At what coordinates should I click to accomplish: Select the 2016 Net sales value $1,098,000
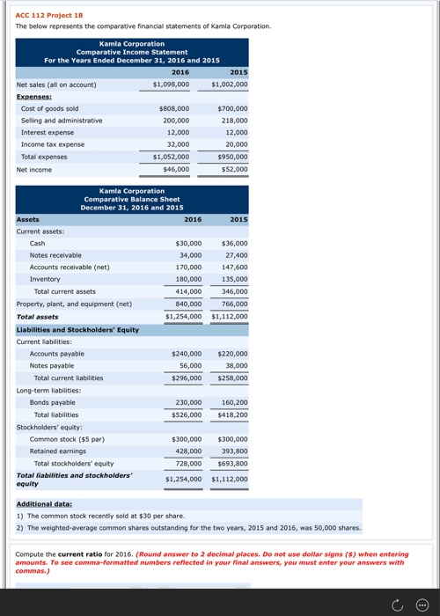(171, 84)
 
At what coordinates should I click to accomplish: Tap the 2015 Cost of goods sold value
(232, 108)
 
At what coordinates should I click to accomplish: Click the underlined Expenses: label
(33, 97)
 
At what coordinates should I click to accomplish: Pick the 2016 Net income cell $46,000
(176, 169)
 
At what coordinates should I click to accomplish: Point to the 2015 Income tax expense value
(236, 144)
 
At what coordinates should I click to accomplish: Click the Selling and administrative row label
(62, 121)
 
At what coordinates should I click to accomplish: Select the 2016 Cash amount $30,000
(188, 243)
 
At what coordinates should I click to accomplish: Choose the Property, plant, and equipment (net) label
(74, 304)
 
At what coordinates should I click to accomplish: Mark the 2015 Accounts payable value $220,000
(232, 353)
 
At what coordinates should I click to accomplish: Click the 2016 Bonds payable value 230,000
(187, 402)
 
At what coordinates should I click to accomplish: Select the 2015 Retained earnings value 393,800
(232, 451)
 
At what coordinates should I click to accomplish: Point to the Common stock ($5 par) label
(67, 438)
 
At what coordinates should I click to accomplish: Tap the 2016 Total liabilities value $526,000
(185, 414)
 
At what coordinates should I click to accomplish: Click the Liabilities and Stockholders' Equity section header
(77, 329)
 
